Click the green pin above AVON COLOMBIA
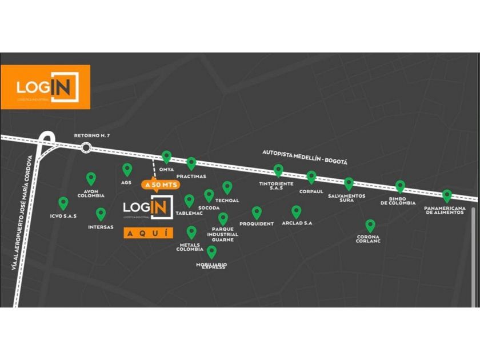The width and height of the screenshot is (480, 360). tap(91, 178)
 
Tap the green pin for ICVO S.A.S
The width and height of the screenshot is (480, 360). tap(63, 203)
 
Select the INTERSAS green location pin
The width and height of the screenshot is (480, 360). tap(101, 214)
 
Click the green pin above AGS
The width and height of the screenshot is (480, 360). tap(127, 169)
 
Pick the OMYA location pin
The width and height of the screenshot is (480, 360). tap(166, 156)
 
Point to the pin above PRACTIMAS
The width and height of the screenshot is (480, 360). tap(191, 163)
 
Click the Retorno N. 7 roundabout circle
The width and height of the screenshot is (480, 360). tap(86, 148)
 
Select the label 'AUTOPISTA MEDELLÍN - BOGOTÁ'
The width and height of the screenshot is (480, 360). tap(305, 157)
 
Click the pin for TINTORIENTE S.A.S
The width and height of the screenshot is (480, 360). tap(278, 170)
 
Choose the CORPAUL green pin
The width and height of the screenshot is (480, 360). tap(311, 177)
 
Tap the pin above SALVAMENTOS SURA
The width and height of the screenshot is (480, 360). tap(349, 183)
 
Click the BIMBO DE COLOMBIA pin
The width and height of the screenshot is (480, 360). tap(401, 186)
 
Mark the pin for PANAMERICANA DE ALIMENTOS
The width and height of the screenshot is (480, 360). tap(447, 195)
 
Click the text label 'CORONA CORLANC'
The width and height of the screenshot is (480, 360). tap(369, 238)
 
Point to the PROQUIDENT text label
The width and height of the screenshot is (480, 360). tap(257, 224)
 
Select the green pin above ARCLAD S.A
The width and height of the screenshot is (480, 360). tap(296, 211)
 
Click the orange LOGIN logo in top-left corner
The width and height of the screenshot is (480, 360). tap(45, 87)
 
